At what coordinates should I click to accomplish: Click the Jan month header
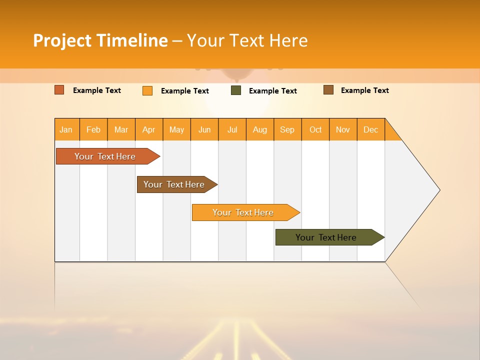click(66, 129)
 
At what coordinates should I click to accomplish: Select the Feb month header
click(93, 129)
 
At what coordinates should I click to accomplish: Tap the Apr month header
click(149, 129)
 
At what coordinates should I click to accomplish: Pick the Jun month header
click(204, 129)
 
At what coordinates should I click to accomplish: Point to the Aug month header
click(260, 129)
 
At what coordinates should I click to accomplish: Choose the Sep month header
click(287, 129)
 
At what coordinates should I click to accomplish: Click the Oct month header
click(315, 129)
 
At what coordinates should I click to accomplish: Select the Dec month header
click(371, 129)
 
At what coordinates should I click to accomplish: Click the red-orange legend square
click(59, 90)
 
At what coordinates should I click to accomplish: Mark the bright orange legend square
click(147, 90)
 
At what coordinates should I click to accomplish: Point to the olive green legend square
click(236, 90)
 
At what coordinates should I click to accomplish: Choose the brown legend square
click(328, 90)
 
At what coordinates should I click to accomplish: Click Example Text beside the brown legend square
click(364, 90)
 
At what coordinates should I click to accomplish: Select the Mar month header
click(121, 129)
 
